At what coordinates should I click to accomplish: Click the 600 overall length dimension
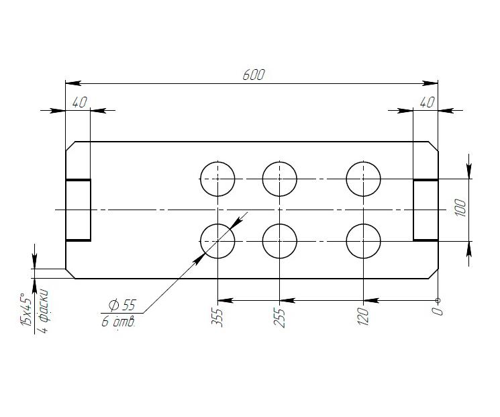click(254, 75)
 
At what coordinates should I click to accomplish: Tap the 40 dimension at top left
click(79, 103)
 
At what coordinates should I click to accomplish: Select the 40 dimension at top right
click(427, 103)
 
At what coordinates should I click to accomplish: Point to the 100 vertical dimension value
click(460, 207)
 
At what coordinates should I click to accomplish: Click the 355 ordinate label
click(217, 318)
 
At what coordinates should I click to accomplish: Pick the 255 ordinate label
click(279, 318)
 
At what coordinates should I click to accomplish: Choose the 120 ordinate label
click(363, 316)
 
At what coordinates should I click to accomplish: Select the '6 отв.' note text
click(119, 322)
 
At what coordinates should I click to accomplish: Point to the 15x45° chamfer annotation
click(26, 310)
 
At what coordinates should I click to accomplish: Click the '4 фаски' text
click(43, 311)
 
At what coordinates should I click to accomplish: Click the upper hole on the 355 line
click(217, 162)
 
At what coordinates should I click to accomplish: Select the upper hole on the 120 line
click(364, 162)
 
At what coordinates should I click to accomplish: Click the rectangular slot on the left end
click(91, 210)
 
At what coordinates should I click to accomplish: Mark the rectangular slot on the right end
click(413, 210)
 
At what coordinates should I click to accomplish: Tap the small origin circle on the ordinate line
click(438, 300)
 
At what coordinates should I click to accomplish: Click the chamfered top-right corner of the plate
click(434, 146)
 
